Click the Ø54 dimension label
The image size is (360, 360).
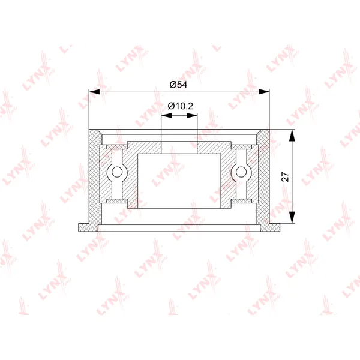click(x=178, y=85)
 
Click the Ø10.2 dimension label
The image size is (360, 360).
click(x=180, y=106)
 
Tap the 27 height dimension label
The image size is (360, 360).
click(x=286, y=176)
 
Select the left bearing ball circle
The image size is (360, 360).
click(x=117, y=172)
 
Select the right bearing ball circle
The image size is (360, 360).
click(x=241, y=172)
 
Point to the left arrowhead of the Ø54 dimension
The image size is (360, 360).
click(x=94, y=92)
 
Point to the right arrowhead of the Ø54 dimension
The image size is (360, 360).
click(x=264, y=92)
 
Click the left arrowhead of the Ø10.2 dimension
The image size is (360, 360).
click(x=166, y=115)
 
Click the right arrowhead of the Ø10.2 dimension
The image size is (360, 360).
click(x=192, y=115)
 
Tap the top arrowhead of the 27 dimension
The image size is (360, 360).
click(x=292, y=135)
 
